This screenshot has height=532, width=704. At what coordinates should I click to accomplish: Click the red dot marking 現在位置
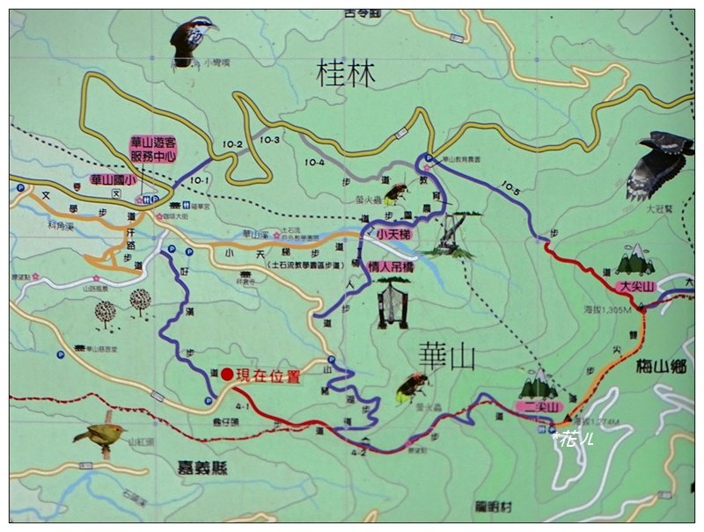[x=227, y=375]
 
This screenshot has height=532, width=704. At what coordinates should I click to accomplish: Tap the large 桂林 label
[x=346, y=75]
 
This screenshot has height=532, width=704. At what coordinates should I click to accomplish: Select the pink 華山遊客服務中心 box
[x=153, y=148]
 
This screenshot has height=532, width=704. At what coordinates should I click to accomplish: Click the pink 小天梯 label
[x=392, y=235]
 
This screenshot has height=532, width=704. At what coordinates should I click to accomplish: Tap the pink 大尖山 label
[x=636, y=287]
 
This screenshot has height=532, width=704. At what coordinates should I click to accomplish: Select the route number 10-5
[x=512, y=186]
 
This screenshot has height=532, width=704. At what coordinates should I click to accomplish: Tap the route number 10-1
[x=199, y=179]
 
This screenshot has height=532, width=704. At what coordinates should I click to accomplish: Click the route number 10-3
[x=269, y=140]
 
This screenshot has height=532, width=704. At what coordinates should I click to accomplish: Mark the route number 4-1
[x=243, y=406]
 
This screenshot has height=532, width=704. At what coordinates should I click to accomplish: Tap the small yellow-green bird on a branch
[x=99, y=433]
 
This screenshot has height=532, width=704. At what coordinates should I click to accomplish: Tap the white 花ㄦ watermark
[x=574, y=438]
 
